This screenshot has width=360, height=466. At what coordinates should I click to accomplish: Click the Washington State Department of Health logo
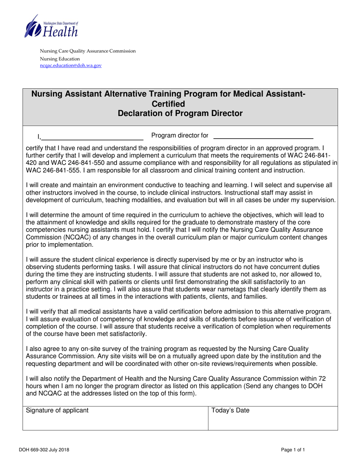51,26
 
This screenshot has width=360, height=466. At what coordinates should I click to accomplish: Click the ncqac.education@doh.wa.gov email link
71,65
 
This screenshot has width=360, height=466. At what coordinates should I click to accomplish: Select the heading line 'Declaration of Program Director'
180,113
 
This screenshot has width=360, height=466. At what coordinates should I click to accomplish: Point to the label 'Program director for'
180,135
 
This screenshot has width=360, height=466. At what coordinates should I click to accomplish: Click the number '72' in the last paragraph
322,378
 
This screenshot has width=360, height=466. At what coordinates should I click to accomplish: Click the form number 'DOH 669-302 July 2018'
44,450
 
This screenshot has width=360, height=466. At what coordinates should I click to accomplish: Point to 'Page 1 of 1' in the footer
293,450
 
